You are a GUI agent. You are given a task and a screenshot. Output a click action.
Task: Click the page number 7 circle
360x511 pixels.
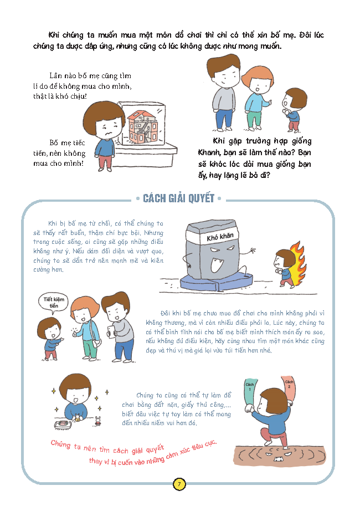(179, 484)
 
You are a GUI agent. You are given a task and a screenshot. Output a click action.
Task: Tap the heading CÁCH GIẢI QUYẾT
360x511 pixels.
(178, 198)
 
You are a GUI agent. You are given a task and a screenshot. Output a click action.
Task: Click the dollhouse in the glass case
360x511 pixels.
(142, 127)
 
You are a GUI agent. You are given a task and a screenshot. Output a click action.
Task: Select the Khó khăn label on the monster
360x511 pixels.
(220, 237)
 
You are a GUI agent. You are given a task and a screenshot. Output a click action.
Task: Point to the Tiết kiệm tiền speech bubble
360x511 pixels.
(54, 303)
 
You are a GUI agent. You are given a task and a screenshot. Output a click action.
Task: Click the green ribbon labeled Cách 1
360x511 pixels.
(250, 394)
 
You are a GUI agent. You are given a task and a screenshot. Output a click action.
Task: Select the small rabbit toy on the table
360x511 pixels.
(97, 421)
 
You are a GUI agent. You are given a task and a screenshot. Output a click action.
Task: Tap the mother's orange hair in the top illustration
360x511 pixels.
(257, 75)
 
